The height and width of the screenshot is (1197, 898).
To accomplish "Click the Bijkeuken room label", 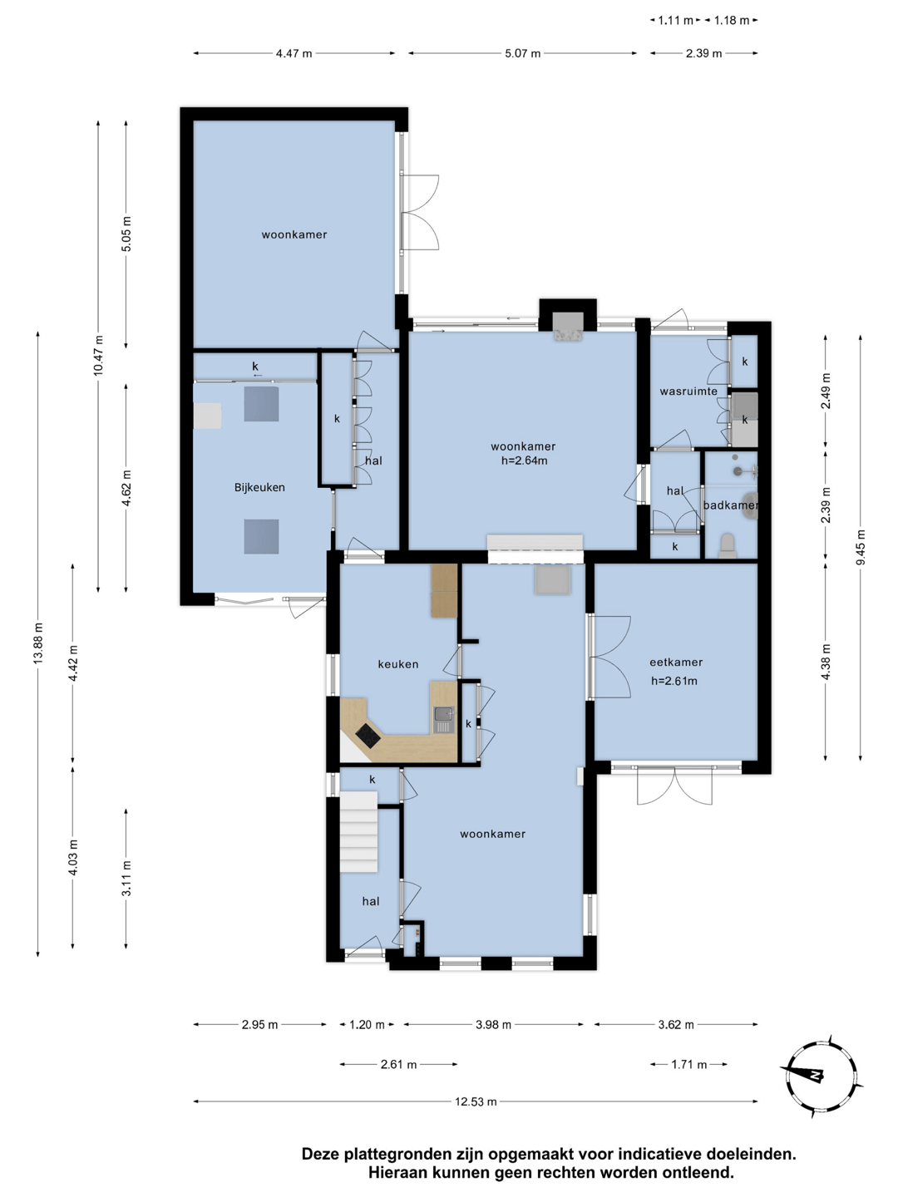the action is pos(259,487).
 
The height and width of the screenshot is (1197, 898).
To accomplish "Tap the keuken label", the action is pos(398,664).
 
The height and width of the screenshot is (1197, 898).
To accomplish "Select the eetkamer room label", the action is pos(676,662).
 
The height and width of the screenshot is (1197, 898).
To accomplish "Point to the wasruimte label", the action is pos(688,391).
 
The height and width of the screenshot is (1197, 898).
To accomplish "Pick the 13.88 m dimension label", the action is pos(38,643).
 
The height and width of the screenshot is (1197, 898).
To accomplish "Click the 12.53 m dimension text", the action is pos(476,1101).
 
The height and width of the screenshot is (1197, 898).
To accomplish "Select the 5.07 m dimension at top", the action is pos(522,53).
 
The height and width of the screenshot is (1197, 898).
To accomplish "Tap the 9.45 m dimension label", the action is pos(861,547).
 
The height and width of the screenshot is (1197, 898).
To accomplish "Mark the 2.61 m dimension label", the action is pos(398,1064).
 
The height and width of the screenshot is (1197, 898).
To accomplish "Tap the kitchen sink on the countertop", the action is pos(444,720).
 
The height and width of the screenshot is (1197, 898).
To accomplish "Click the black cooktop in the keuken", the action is pos(368,736).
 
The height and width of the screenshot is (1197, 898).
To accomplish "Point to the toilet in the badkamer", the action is pos(728,546).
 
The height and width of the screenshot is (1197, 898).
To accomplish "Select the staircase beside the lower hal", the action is pos(358,832).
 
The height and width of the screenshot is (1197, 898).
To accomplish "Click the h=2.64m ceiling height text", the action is pos(524,461).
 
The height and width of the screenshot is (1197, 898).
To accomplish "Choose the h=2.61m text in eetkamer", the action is pos(673,681).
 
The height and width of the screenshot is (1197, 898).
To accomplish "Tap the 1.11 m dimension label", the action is pos(675,21).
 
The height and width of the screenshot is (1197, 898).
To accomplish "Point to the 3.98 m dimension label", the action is pos(493,1025).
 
